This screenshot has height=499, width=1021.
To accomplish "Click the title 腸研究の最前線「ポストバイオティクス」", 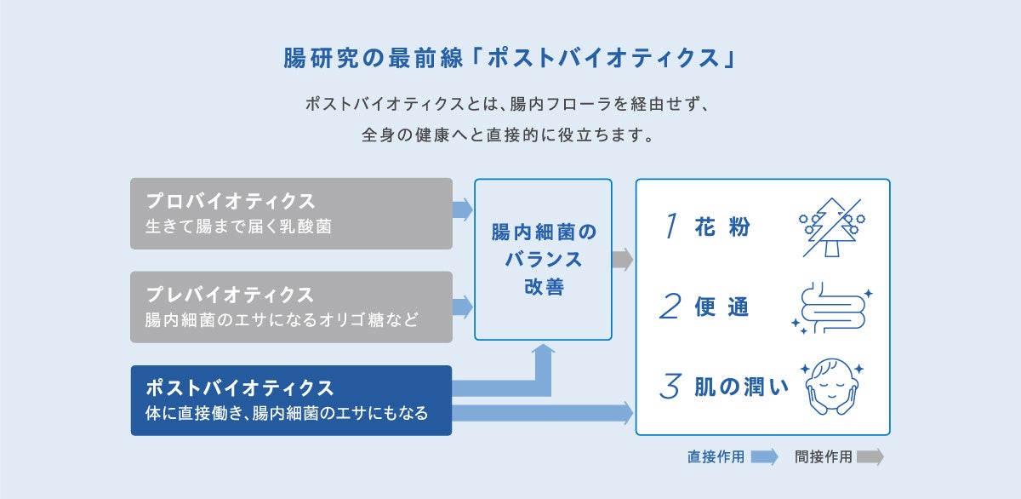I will coord(510,59).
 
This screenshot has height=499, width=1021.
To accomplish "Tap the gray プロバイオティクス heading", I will coord(231,202).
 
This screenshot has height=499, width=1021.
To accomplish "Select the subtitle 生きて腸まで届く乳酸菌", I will coord(238,227).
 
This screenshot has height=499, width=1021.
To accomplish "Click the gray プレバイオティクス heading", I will coord(230,295).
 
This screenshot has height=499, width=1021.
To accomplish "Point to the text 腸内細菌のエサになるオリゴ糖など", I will coord(282,321).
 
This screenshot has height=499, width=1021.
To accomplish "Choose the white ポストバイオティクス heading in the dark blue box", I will coord(239,388).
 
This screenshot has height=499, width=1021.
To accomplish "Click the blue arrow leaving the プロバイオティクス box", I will coord(463,209).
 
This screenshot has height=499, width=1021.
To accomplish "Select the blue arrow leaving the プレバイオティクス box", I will coord(463,307).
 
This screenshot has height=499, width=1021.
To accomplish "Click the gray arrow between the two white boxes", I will coord(623,259).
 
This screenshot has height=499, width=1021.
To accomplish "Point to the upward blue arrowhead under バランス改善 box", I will coord(544,351).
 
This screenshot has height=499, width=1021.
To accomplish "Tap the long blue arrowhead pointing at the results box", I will coord(627,414).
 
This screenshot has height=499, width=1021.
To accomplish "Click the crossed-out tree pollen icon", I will coord(831,227).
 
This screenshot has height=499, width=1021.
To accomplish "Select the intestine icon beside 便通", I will coord(831,307).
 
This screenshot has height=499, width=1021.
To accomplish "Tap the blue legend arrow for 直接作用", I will coord(764,456).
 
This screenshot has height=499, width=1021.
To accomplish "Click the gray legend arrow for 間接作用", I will coord(870,456).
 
